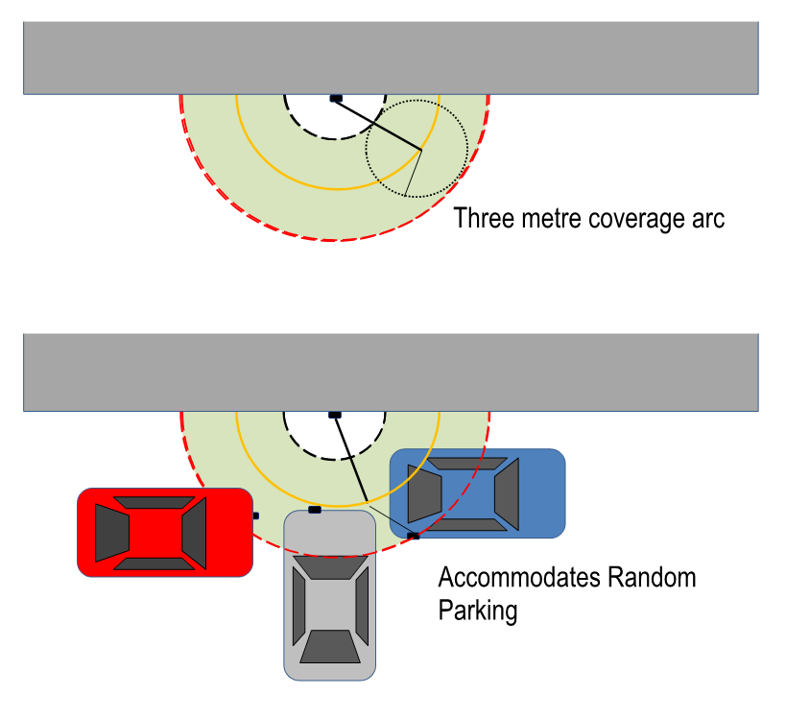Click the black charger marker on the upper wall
coord(336,98)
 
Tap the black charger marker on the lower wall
coord(334,414)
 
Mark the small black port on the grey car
coord(315,510)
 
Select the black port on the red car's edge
coord(255,515)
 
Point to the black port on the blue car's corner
coord(414,535)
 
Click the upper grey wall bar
coord(392,58)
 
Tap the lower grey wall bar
coord(392,372)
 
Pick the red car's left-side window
coord(112,533)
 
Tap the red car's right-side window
coord(194,533)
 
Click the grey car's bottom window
coord(330,648)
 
